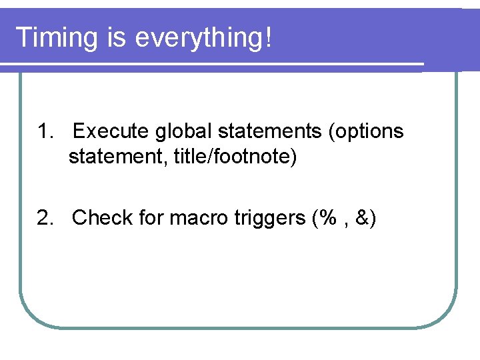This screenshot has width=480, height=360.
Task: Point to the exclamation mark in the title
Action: point(268,37)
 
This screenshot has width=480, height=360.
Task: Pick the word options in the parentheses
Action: point(369,131)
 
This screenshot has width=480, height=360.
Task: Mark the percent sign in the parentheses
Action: point(327,218)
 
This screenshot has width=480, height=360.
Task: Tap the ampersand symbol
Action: point(363,218)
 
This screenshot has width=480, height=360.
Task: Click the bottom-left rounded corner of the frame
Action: point(31,316)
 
